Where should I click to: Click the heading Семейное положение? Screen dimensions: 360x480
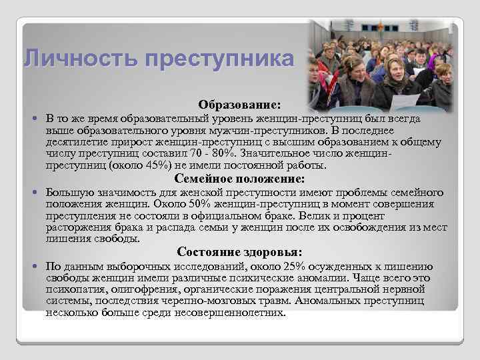coord(239,179)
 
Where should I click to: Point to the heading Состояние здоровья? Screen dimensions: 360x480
coord(239,252)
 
